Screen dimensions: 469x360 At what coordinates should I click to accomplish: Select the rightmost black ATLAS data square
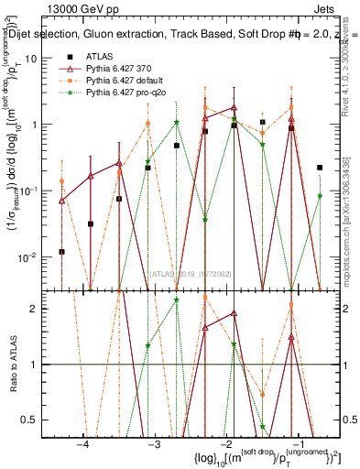(320, 168)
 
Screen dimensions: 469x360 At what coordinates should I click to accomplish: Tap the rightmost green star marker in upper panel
(320, 195)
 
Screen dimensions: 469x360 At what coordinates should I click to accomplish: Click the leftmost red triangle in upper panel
(61, 199)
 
